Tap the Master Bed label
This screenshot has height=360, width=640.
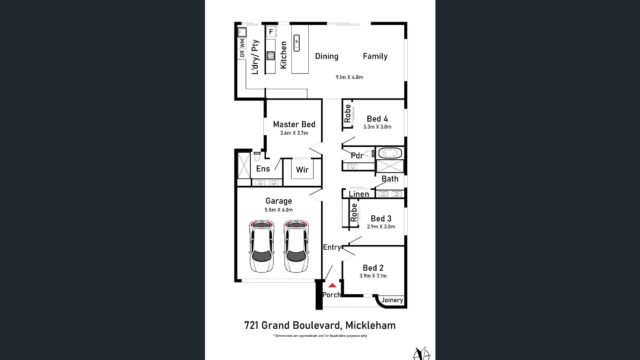(x=294, y=124)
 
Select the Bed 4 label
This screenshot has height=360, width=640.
(x=378, y=119)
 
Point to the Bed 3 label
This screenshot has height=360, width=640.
(x=379, y=218)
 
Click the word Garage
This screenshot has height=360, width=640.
(x=278, y=201)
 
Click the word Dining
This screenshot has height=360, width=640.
(x=327, y=56)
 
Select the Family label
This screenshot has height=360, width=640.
(x=374, y=56)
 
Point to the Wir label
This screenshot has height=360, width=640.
(x=300, y=170)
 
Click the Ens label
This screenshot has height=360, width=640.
(x=262, y=169)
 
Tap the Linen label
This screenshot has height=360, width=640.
(x=360, y=194)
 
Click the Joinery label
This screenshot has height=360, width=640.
(x=392, y=299)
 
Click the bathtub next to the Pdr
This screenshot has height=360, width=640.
(x=386, y=155)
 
